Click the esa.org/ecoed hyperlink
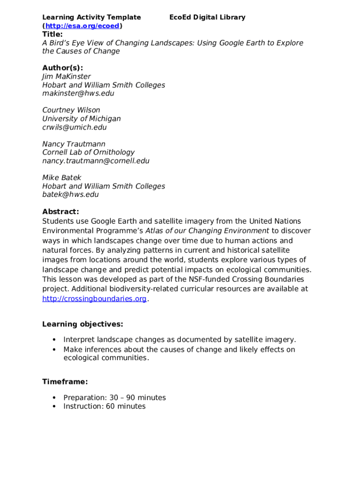(82, 26)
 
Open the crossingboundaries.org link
(94, 299)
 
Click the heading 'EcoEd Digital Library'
(207, 17)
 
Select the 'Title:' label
(52, 34)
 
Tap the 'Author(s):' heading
(63, 68)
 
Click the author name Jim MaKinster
(66, 76)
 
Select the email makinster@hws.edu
(78, 93)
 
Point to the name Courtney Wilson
(71, 110)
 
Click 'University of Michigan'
(81, 119)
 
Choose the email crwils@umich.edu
(74, 127)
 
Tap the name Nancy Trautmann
(74, 144)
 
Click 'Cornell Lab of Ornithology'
(88, 152)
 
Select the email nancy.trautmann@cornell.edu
(96, 161)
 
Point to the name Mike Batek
(62, 178)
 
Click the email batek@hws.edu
(71, 195)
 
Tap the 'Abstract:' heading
(61, 211)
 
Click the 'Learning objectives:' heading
(83, 324)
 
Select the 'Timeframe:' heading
(65, 382)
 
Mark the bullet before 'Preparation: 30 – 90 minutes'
(54, 398)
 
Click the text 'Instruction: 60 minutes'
(104, 406)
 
